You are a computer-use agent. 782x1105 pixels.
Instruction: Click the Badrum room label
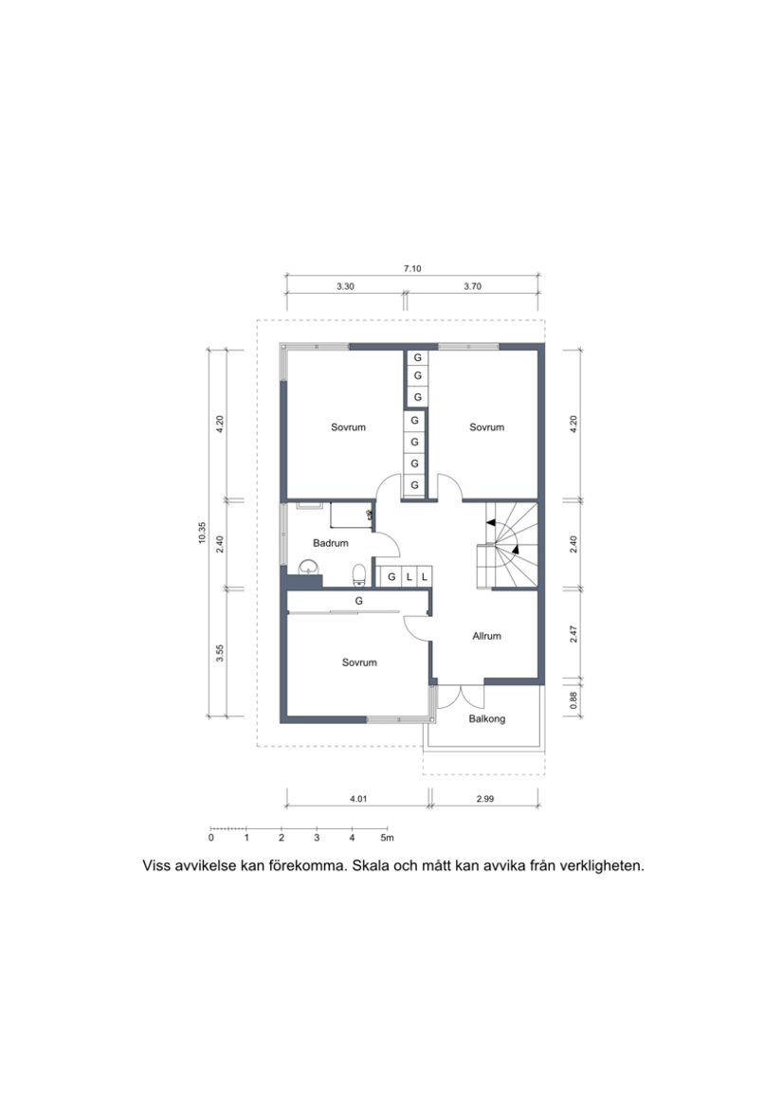331,543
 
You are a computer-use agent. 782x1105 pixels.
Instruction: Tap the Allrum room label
486,636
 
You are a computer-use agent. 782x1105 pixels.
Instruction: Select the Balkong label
487,719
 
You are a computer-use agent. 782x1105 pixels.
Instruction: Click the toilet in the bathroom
358,573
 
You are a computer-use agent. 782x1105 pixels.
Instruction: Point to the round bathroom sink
308,568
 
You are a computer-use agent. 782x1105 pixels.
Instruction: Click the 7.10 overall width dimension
411,269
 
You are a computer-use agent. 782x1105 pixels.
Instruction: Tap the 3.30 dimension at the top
345,286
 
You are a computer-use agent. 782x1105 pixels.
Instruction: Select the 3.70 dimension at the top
472,286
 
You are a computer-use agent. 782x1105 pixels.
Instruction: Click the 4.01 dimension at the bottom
357,799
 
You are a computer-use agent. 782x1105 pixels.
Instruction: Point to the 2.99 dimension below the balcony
484,799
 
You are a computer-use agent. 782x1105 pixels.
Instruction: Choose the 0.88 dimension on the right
572,698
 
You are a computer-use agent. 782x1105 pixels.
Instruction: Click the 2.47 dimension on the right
572,635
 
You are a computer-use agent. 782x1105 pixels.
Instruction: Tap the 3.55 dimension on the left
220,653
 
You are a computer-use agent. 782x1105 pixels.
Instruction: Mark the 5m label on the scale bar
387,838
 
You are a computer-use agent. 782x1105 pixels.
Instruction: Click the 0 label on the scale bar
211,838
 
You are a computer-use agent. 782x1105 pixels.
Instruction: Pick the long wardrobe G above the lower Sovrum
359,601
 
